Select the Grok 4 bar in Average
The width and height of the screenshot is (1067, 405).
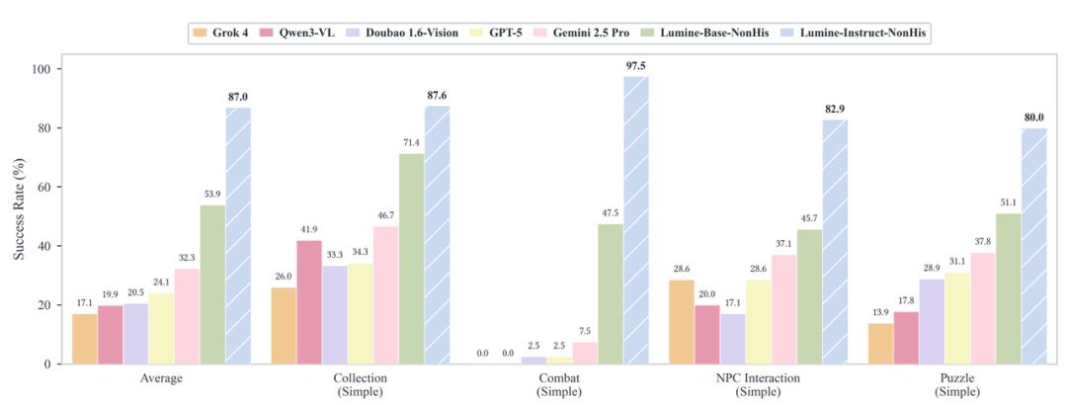(x=84, y=338)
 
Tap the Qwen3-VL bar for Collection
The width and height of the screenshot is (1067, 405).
(x=308, y=301)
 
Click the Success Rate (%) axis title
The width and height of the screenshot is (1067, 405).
(x=20, y=216)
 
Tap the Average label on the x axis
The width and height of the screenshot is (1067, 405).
(x=161, y=377)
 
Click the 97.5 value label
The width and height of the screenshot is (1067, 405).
(x=635, y=65)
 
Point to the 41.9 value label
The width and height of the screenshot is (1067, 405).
(x=308, y=230)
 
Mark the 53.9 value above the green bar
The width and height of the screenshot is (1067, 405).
(x=212, y=195)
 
